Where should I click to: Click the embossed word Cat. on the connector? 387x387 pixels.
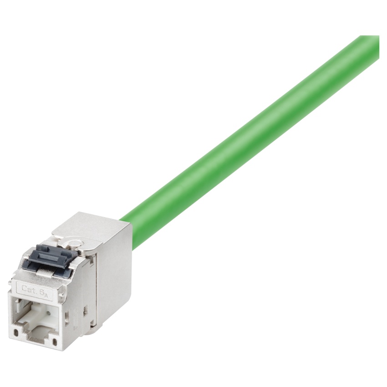pyautogui.click(x=29, y=288)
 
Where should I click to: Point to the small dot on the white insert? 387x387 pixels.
pyautogui.click(x=49, y=313)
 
